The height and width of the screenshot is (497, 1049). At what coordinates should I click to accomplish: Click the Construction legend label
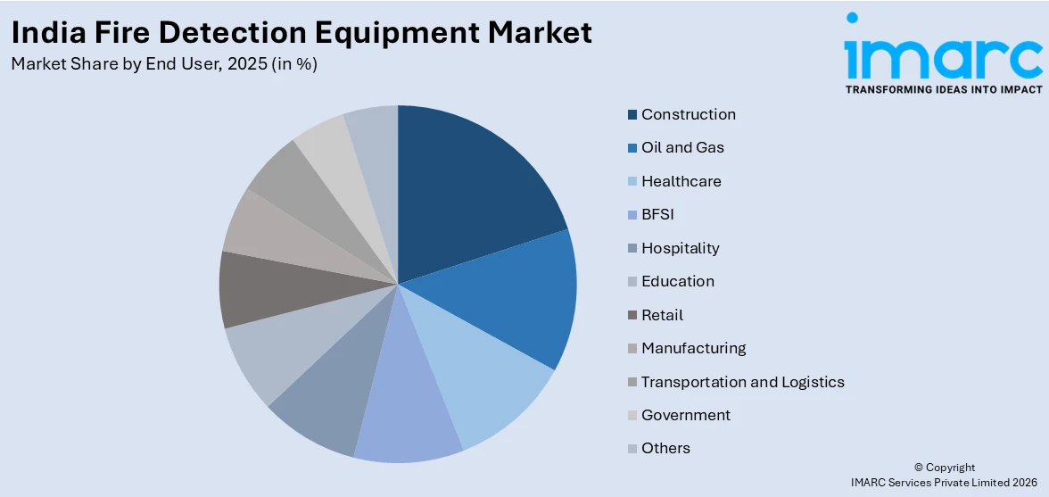(x=689, y=114)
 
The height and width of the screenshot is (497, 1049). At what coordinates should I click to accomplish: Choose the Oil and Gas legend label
(x=682, y=147)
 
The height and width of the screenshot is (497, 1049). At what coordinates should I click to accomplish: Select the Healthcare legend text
(x=681, y=181)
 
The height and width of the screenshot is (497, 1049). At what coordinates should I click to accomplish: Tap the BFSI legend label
(x=658, y=214)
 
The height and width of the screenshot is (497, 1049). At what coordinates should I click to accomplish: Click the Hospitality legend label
(x=681, y=248)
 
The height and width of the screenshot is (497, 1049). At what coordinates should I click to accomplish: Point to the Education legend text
(x=678, y=281)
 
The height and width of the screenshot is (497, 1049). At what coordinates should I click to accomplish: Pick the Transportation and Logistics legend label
(x=743, y=382)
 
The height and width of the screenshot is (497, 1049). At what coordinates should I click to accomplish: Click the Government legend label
(x=686, y=415)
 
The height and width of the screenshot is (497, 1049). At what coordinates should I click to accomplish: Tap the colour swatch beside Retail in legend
(x=632, y=315)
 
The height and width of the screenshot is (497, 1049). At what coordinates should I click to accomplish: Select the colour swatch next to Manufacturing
(x=632, y=348)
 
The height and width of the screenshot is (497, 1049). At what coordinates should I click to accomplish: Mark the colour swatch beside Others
(x=632, y=449)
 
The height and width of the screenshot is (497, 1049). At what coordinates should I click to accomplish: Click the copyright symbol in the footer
(x=919, y=468)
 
